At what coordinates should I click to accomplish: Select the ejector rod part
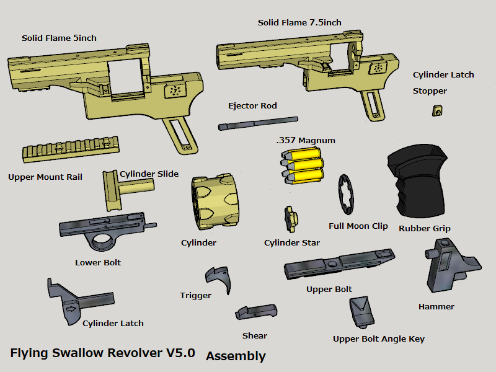[x=257, y=123]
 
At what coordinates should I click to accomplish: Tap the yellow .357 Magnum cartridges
[x=303, y=166]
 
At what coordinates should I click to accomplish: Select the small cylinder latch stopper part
[x=438, y=111]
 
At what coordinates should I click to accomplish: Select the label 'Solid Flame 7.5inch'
[x=299, y=23]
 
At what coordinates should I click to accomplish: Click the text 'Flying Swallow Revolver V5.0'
[x=103, y=353]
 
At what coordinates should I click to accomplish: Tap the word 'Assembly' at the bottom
[x=236, y=356]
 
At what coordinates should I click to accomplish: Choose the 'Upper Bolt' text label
[x=329, y=290]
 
